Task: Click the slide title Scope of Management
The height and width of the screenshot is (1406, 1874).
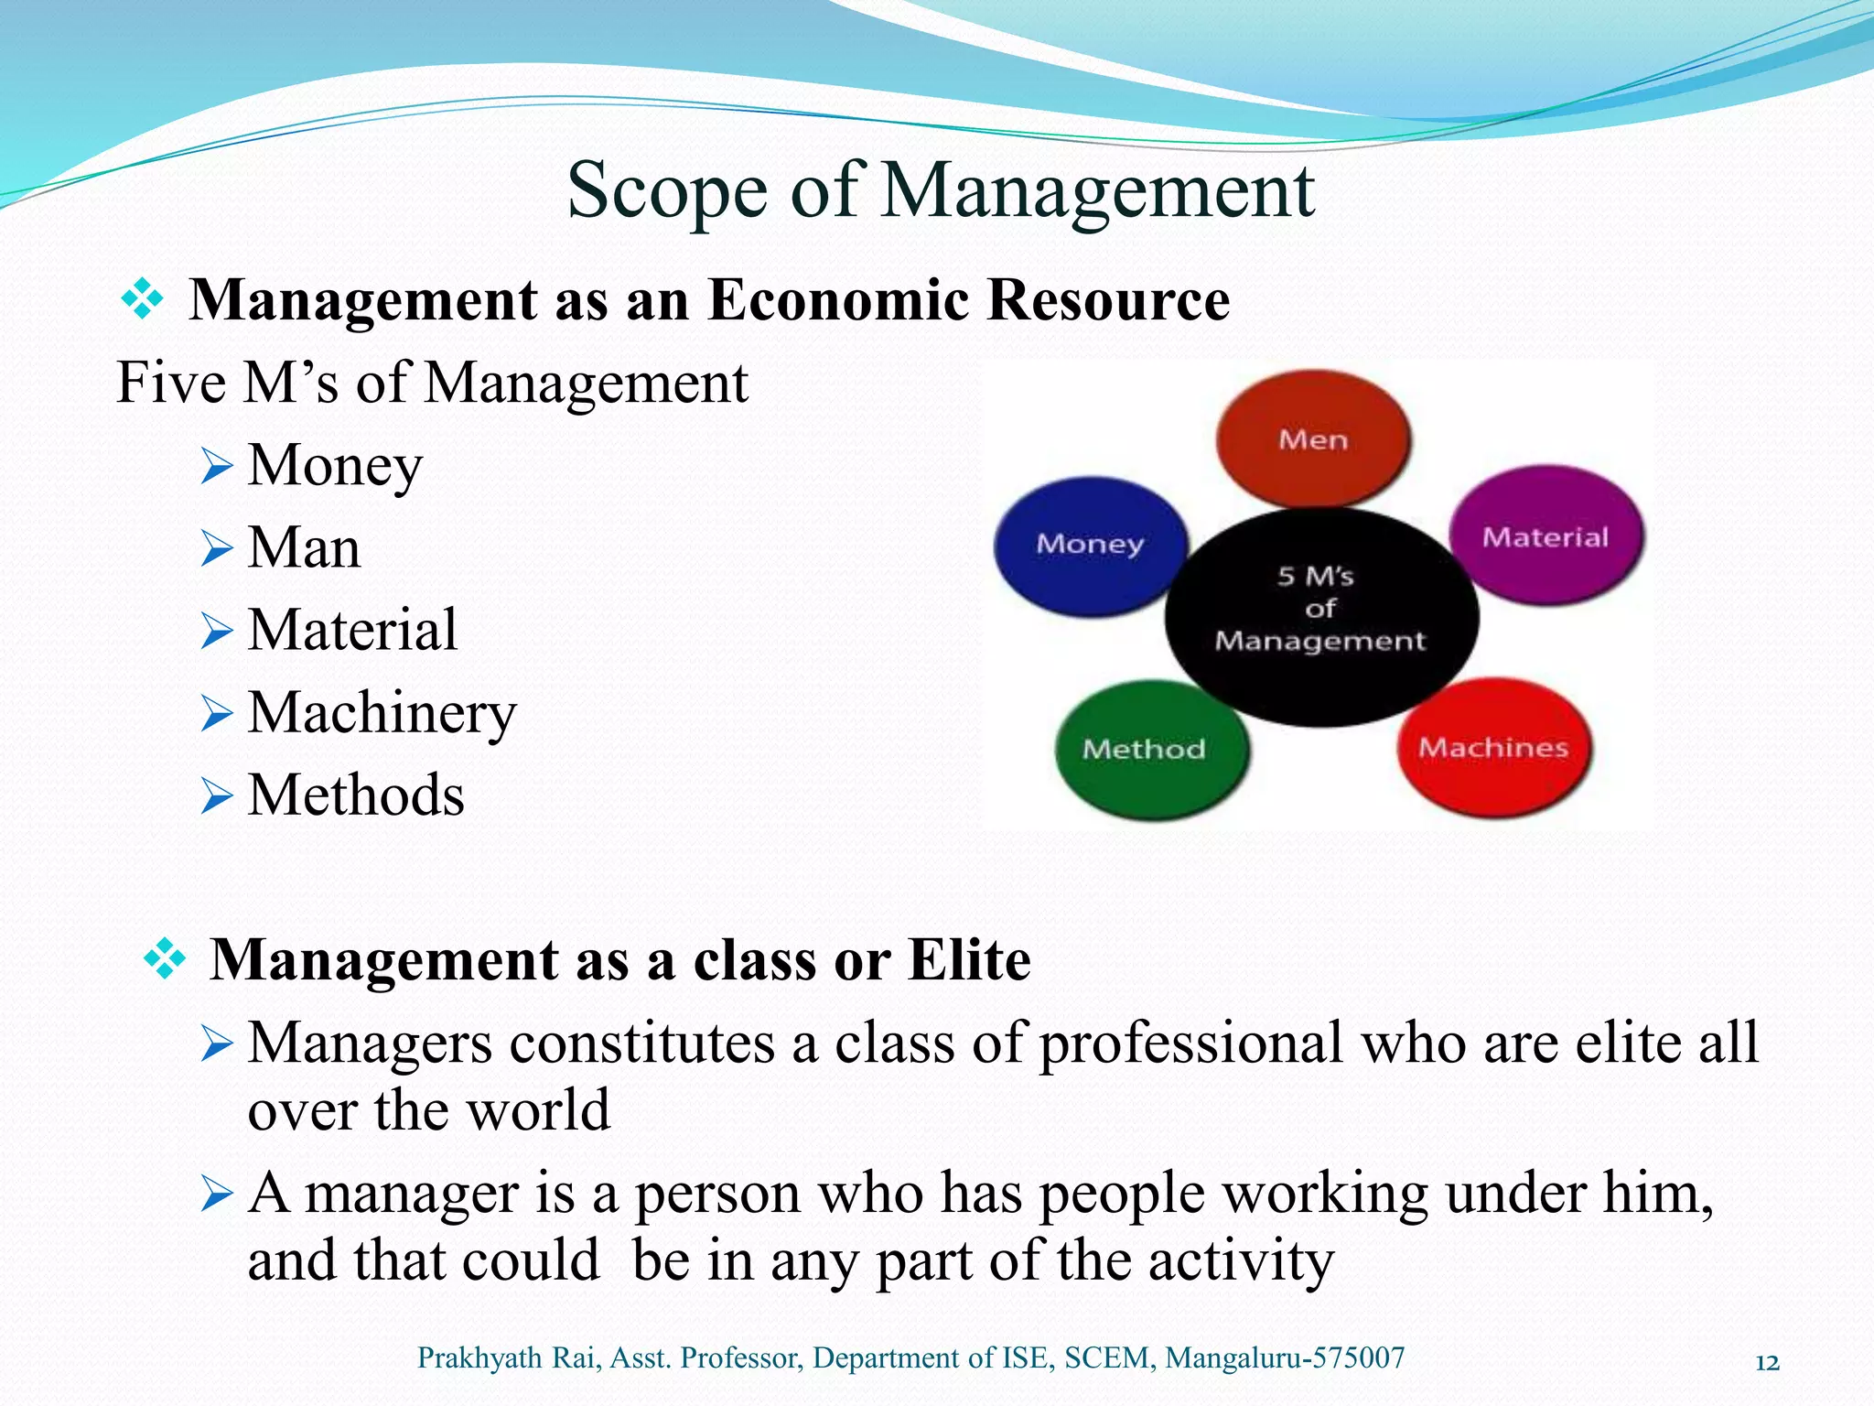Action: [x=940, y=190]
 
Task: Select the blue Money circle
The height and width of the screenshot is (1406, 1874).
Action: [x=1090, y=545]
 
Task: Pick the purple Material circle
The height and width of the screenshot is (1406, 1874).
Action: [x=1546, y=536]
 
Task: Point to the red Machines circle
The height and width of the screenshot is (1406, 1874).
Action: [x=1493, y=748]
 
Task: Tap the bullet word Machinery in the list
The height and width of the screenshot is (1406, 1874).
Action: [x=382, y=712]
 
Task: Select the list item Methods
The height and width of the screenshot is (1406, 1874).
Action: [x=356, y=795]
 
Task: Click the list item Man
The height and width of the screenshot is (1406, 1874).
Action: [x=304, y=547]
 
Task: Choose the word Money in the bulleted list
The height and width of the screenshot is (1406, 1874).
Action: [x=335, y=465]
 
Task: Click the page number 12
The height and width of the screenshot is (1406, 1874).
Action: [x=1767, y=1363]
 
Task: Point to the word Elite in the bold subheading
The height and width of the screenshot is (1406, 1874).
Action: [x=969, y=959]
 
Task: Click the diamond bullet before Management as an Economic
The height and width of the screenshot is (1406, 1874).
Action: [x=142, y=299]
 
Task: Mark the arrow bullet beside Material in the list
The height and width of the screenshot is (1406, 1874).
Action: [x=217, y=632]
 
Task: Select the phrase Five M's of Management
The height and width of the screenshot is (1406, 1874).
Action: [x=432, y=382]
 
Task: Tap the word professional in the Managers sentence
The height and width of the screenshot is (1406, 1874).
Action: [x=1190, y=1043]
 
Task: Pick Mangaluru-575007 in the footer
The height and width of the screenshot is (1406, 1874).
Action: [x=1285, y=1357]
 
